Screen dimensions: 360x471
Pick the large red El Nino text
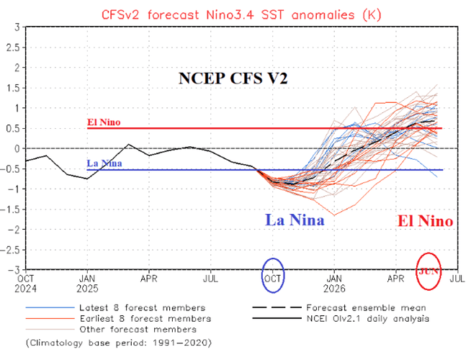tap(425, 221)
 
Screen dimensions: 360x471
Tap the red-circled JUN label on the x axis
tap(429, 270)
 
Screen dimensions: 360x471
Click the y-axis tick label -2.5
tap(11, 249)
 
